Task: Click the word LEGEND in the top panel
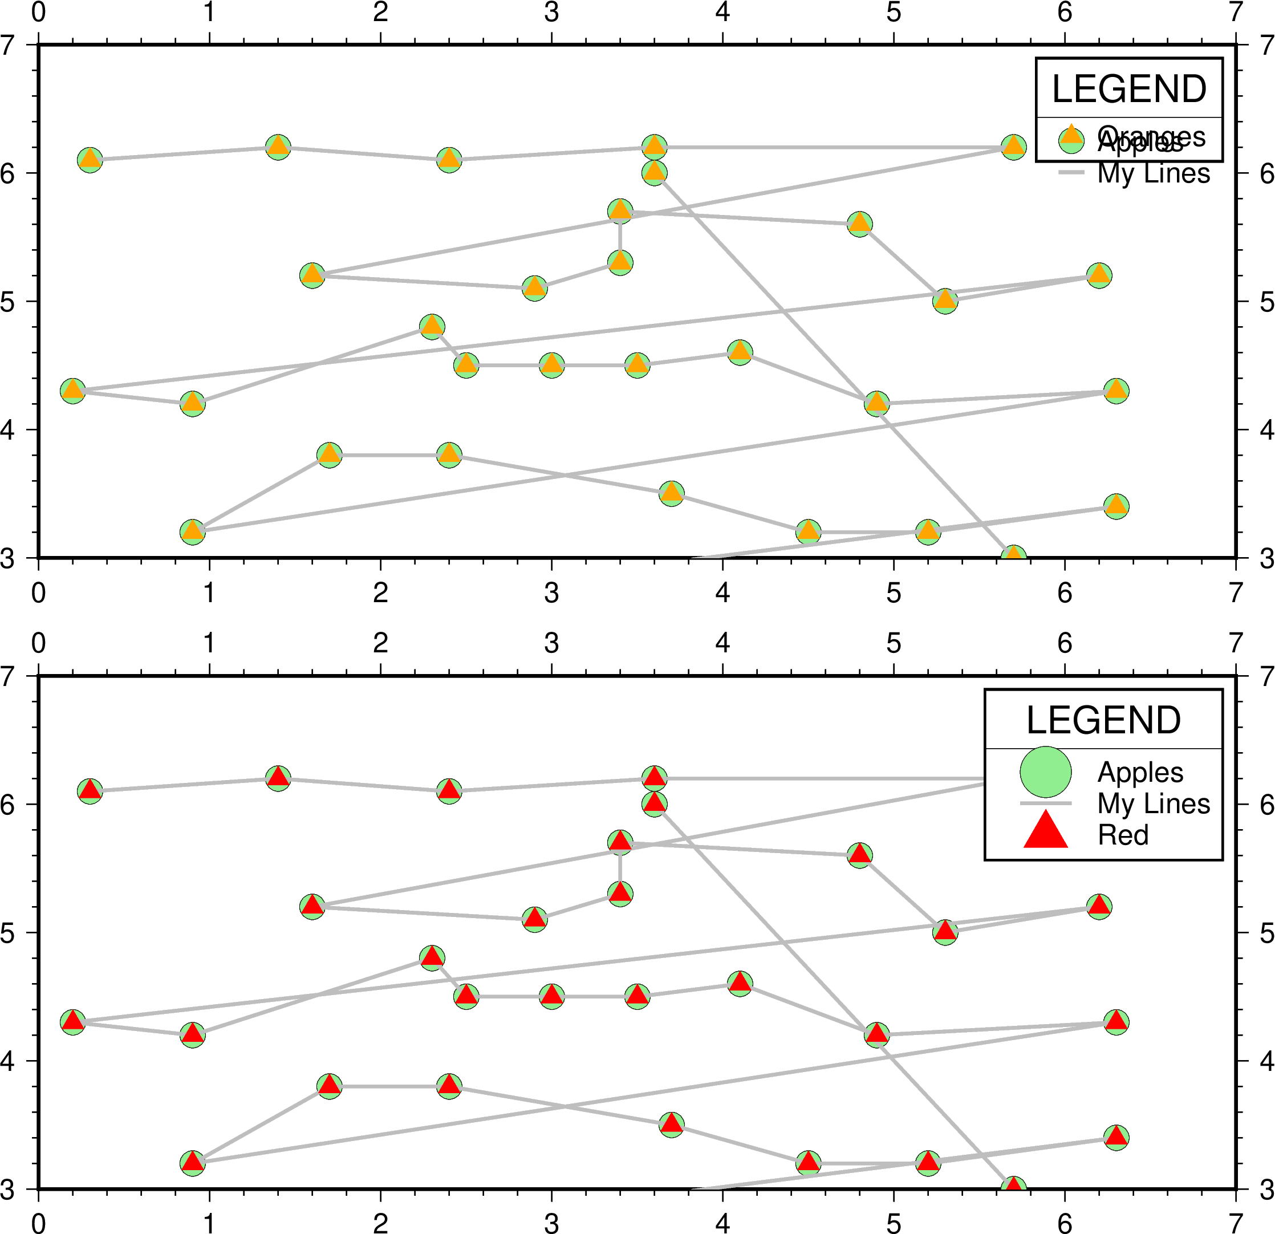coord(1128,89)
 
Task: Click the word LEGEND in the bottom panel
coord(1103,720)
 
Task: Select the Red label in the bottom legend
coord(1123,835)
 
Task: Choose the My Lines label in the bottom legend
coord(1154,803)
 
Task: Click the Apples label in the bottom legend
coord(1140,772)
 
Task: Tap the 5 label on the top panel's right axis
coord(1266,302)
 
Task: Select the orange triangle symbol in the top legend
coord(1071,135)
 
